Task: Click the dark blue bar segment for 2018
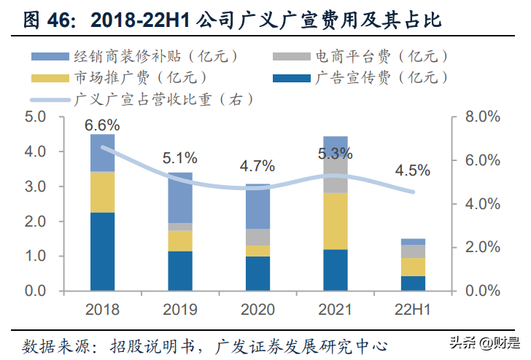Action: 102,251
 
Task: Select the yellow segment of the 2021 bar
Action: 336,221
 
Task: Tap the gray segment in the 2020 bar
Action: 257,237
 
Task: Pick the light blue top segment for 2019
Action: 180,197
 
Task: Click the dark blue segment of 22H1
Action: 413,283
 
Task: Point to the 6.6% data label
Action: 102,125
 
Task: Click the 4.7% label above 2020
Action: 257,166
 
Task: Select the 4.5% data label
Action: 413,171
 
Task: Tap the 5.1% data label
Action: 180,158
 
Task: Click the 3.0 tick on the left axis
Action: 35,187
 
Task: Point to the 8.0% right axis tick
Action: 483,117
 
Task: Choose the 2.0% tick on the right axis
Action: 483,247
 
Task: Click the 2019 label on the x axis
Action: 180,310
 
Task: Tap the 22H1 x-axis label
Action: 413,310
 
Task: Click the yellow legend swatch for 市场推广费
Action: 50,79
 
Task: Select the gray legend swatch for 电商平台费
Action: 292,57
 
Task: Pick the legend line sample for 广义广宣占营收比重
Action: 50,100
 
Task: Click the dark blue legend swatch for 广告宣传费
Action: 292,79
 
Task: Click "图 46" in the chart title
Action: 48,20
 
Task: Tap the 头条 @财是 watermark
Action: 484,343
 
